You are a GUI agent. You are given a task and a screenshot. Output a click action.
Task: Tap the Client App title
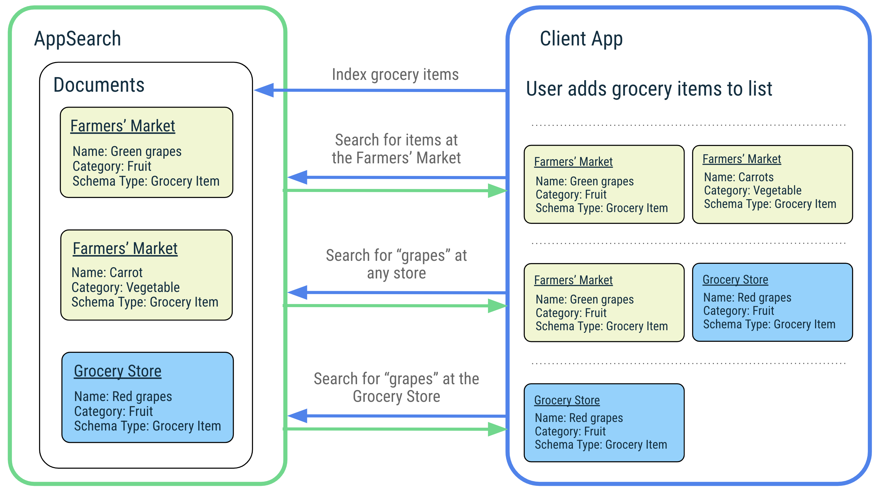click(581, 39)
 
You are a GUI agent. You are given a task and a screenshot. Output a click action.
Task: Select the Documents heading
click(99, 85)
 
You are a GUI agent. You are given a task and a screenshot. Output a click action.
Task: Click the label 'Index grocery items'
click(395, 74)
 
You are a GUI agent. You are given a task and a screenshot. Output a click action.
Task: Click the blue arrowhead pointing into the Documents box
click(264, 90)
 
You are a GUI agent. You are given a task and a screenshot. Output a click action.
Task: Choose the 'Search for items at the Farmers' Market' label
click(396, 149)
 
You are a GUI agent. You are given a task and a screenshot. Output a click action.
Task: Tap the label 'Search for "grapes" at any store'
click(396, 264)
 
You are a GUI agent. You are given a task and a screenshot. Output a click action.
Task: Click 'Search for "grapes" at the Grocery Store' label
click(396, 387)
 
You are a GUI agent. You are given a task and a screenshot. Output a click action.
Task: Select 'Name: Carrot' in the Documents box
click(107, 273)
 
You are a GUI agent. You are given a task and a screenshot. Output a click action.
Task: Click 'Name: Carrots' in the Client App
click(739, 177)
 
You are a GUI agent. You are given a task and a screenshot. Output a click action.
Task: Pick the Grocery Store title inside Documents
click(118, 371)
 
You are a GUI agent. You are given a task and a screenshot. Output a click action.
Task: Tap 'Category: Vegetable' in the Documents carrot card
click(125, 287)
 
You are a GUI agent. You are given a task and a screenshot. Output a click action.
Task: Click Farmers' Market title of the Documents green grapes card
click(123, 126)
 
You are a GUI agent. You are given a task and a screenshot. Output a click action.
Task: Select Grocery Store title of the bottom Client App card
click(567, 400)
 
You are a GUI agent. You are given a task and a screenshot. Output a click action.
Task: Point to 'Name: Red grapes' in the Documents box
click(123, 396)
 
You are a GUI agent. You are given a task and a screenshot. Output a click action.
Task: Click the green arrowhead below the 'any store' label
click(497, 306)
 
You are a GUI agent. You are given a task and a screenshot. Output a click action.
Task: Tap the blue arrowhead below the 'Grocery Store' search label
click(298, 416)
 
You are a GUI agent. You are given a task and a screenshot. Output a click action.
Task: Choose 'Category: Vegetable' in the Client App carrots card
click(753, 190)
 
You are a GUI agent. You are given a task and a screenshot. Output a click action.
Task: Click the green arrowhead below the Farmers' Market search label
click(497, 190)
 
